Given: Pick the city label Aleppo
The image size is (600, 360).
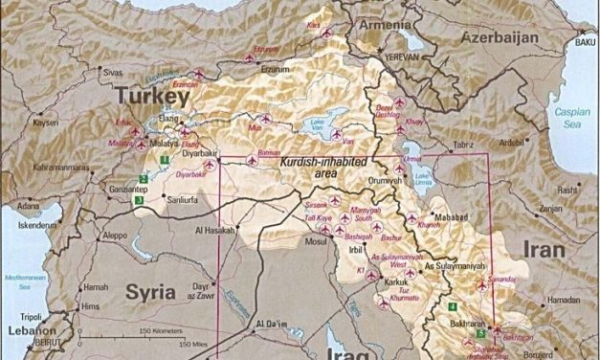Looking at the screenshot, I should (114, 235).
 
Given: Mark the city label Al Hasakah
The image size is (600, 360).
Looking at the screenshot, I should (213, 232).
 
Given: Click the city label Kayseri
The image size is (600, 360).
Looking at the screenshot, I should (45, 124).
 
